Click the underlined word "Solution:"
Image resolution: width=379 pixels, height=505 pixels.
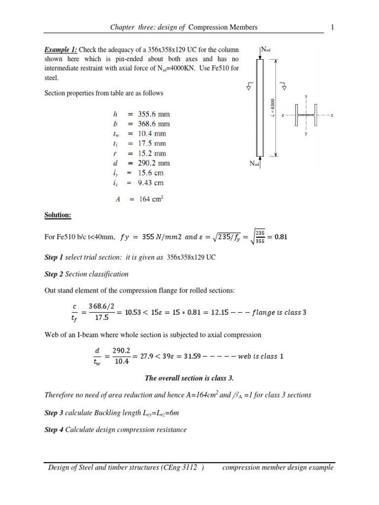[x=58, y=216]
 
